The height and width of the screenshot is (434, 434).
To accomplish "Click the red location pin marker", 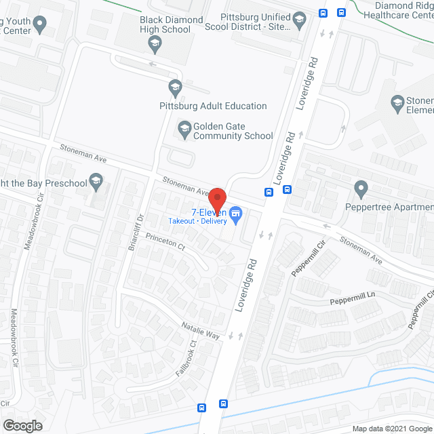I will coord(217,199).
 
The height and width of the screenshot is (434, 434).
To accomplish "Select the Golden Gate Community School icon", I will coord(184,127).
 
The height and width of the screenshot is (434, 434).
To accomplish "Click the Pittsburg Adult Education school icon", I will coord(175,87).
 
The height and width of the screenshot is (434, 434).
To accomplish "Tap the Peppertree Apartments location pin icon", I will coord(361,188).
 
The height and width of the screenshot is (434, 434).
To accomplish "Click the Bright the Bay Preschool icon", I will coord(96,181).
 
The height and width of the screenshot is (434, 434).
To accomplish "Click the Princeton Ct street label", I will coord(165,242).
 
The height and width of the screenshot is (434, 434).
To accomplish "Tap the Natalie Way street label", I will coord(201,331).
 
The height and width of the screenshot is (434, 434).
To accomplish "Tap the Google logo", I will coord(22,425).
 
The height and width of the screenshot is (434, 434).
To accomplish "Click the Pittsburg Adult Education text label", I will coord(212,106).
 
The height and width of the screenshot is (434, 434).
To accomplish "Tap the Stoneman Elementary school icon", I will coord(398,102).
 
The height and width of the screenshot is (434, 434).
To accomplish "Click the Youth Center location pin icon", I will coord(40,25).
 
